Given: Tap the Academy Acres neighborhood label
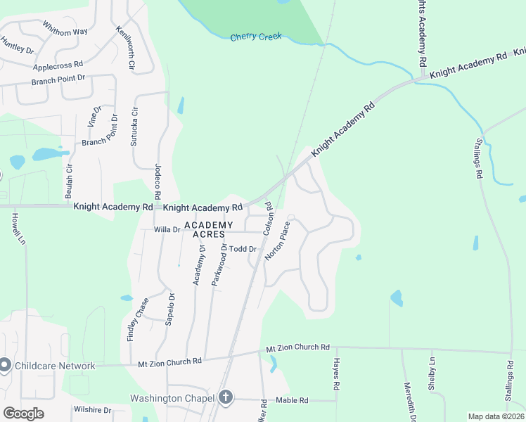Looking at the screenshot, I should (x=205, y=229).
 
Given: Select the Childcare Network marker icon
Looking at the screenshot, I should (x=4, y=365).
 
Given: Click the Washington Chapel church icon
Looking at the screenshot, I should (x=225, y=397).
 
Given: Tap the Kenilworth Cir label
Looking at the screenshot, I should (x=124, y=47).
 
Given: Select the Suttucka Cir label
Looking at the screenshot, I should (x=134, y=126).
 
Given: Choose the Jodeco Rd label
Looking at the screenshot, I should (x=158, y=181).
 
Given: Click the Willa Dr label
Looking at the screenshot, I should (x=167, y=229).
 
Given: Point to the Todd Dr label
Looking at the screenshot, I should (x=243, y=249).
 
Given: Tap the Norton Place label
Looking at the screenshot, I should (x=276, y=241).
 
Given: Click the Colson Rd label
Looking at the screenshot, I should (x=267, y=219).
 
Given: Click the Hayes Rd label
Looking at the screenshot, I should (x=336, y=373).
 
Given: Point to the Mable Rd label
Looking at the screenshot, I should (x=292, y=400).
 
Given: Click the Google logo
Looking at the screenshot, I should (x=23, y=413).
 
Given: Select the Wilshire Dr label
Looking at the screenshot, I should (x=92, y=409).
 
